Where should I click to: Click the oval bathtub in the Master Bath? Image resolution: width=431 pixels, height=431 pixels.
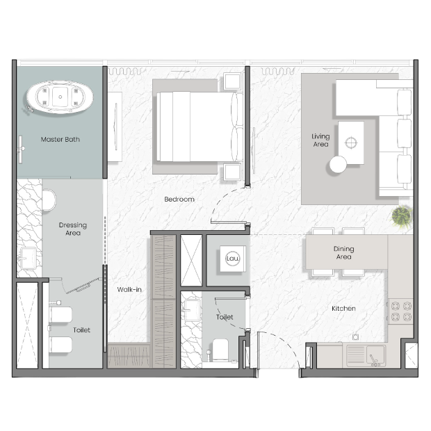60,97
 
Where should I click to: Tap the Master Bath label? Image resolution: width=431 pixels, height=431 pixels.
60,139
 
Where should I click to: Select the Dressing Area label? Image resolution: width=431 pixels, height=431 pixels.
73,229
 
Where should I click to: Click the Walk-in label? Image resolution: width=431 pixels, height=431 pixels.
129,289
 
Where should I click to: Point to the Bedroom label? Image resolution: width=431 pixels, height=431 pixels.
179,199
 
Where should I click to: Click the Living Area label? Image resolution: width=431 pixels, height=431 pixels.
320,140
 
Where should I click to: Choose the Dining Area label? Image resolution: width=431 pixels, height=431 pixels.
343,252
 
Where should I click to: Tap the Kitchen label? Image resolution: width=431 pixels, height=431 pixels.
343,309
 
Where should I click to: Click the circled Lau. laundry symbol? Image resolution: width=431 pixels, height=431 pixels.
233,259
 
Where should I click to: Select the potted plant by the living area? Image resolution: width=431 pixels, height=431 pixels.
402,216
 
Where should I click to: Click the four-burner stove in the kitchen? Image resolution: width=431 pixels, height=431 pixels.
401,311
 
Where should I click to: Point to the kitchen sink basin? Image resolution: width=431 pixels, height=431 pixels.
376,355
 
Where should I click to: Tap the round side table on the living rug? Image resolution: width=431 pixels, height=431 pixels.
338,164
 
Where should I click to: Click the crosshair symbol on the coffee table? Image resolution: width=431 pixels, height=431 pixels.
351,143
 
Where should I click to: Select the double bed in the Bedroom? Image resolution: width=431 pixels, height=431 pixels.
200,127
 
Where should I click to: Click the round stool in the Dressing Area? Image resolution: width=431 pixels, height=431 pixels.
49,200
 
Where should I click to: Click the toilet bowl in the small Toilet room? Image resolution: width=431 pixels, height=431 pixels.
220,350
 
